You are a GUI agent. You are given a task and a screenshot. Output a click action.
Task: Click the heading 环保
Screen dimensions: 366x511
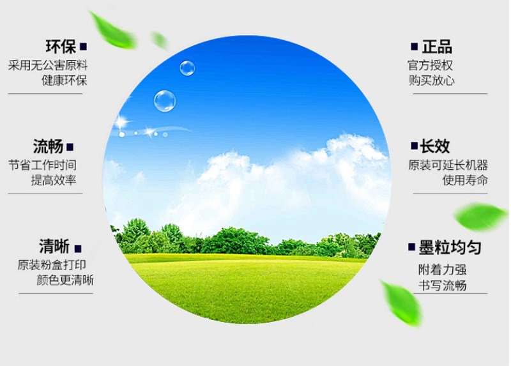click(61, 47)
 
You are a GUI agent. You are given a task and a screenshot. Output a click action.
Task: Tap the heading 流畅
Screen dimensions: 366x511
click(49, 146)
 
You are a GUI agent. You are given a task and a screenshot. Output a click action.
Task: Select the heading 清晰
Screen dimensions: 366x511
click(54, 247)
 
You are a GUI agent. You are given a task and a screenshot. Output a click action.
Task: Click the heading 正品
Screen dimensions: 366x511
click(437, 47)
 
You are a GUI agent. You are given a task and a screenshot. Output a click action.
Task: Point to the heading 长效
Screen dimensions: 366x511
click(435, 146)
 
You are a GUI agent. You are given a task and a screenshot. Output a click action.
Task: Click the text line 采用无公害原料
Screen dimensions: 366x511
click(48, 65)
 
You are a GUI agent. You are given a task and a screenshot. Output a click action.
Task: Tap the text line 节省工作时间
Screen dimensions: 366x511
click(46, 165)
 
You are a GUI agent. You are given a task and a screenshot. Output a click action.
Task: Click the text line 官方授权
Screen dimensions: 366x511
click(431, 65)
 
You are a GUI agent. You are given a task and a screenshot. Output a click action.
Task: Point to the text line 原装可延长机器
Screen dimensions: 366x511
click(448, 165)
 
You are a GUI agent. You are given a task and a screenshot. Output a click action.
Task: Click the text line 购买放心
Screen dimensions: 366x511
click(432, 81)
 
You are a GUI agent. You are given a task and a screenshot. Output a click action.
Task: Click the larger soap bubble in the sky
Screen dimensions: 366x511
click(164, 100)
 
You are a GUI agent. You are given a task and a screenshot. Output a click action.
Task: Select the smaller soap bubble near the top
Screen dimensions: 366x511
click(187, 68)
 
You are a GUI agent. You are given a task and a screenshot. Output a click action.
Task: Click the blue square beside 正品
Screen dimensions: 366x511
click(415, 47)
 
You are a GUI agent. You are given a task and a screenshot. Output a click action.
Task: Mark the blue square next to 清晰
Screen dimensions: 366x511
click(78, 248)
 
